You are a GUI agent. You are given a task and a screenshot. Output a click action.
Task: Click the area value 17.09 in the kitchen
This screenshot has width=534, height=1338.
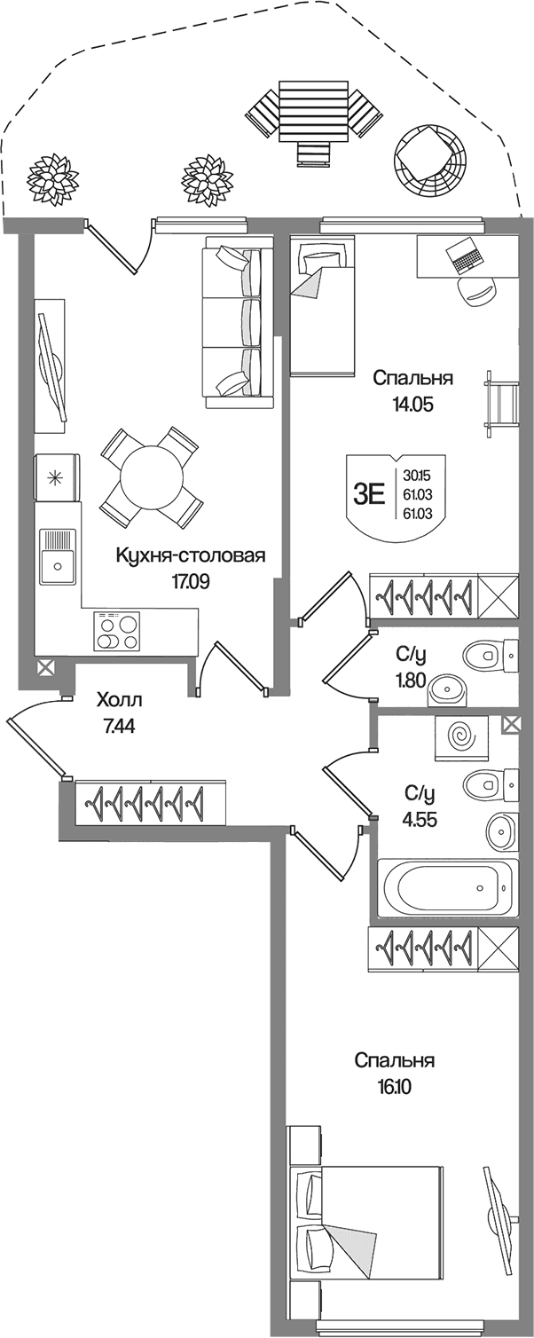[x=191, y=581]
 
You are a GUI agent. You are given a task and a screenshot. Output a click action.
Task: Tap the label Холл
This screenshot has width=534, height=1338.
[x=120, y=699]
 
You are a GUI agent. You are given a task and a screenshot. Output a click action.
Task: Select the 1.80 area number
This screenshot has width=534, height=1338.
[x=411, y=681]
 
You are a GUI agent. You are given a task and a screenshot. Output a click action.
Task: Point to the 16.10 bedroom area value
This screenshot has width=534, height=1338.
[x=392, y=1087]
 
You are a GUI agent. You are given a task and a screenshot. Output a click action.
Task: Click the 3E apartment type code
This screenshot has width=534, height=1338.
[x=369, y=495]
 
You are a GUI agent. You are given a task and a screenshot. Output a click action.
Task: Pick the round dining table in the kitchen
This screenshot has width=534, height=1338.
[x=151, y=476]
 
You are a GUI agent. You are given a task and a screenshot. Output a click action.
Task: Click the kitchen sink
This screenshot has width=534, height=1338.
[x=58, y=556]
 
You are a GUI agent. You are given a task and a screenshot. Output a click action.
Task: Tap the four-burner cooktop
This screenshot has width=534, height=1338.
[x=115, y=632]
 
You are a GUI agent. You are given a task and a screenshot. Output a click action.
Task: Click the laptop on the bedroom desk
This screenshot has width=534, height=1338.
[x=464, y=256]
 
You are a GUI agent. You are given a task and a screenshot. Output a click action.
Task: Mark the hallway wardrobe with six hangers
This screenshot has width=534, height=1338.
[x=151, y=803]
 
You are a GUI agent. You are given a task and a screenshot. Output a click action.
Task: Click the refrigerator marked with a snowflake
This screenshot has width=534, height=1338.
[x=57, y=477]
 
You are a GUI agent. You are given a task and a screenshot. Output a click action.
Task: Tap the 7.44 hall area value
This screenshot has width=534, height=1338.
[x=120, y=727]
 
